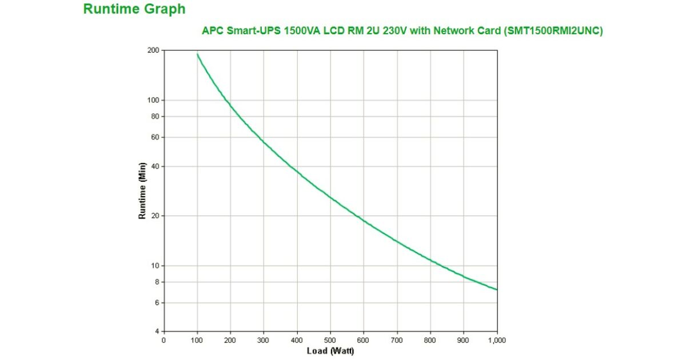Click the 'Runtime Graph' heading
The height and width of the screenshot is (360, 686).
click(x=134, y=9)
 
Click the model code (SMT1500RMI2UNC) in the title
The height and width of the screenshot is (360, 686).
click(x=553, y=31)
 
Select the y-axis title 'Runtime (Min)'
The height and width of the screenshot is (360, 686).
click(x=142, y=191)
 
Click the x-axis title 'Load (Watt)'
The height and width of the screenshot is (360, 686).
click(x=330, y=350)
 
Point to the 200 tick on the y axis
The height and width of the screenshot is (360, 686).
click(x=153, y=50)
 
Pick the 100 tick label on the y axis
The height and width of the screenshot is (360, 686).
click(x=153, y=101)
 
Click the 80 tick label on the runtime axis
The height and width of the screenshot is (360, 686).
click(x=155, y=117)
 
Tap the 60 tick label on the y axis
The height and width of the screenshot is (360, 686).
click(x=155, y=137)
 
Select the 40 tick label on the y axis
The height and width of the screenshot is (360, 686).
click(x=155, y=166)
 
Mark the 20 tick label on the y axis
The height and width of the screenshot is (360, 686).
click(x=155, y=216)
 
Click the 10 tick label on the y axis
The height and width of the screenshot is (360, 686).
click(x=155, y=266)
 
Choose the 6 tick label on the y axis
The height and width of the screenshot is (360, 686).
click(x=157, y=303)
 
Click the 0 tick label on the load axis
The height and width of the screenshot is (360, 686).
click(x=164, y=341)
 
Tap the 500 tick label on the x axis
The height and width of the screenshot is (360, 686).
click(x=330, y=341)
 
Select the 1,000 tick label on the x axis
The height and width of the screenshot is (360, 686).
click(x=497, y=341)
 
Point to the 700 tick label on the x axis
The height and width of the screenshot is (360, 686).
click(x=397, y=341)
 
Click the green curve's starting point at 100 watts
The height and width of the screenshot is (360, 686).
click(x=197, y=54)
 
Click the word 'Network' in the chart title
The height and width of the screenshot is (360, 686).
click(x=453, y=31)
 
